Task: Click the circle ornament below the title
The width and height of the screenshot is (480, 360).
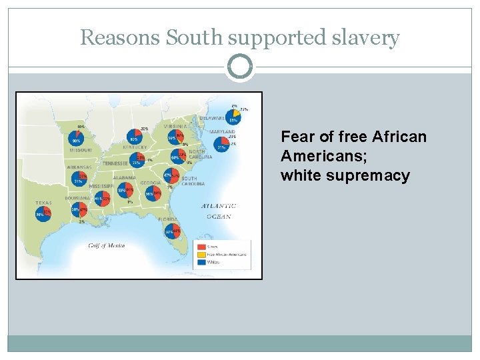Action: tap(240, 67)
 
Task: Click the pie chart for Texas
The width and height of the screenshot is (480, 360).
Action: tap(43, 214)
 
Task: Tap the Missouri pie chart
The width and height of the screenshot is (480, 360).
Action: tap(75, 139)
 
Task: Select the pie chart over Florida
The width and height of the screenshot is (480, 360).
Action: tap(173, 231)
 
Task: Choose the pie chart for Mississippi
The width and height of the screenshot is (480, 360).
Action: tap(101, 198)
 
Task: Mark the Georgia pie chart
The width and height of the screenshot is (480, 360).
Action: tap(153, 193)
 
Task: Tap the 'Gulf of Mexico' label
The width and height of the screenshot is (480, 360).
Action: tap(107, 245)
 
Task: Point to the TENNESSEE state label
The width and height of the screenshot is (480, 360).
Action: tap(115, 163)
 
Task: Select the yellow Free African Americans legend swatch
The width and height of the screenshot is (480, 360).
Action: tap(201, 255)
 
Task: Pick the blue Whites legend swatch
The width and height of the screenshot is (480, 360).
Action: tap(201, 262)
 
